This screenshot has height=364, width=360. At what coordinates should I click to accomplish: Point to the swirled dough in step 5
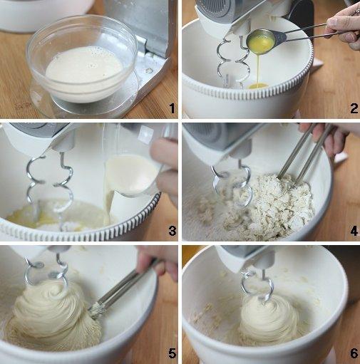click(x=50, y=310)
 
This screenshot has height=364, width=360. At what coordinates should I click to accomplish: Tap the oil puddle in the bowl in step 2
click(x=257, y=86)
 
